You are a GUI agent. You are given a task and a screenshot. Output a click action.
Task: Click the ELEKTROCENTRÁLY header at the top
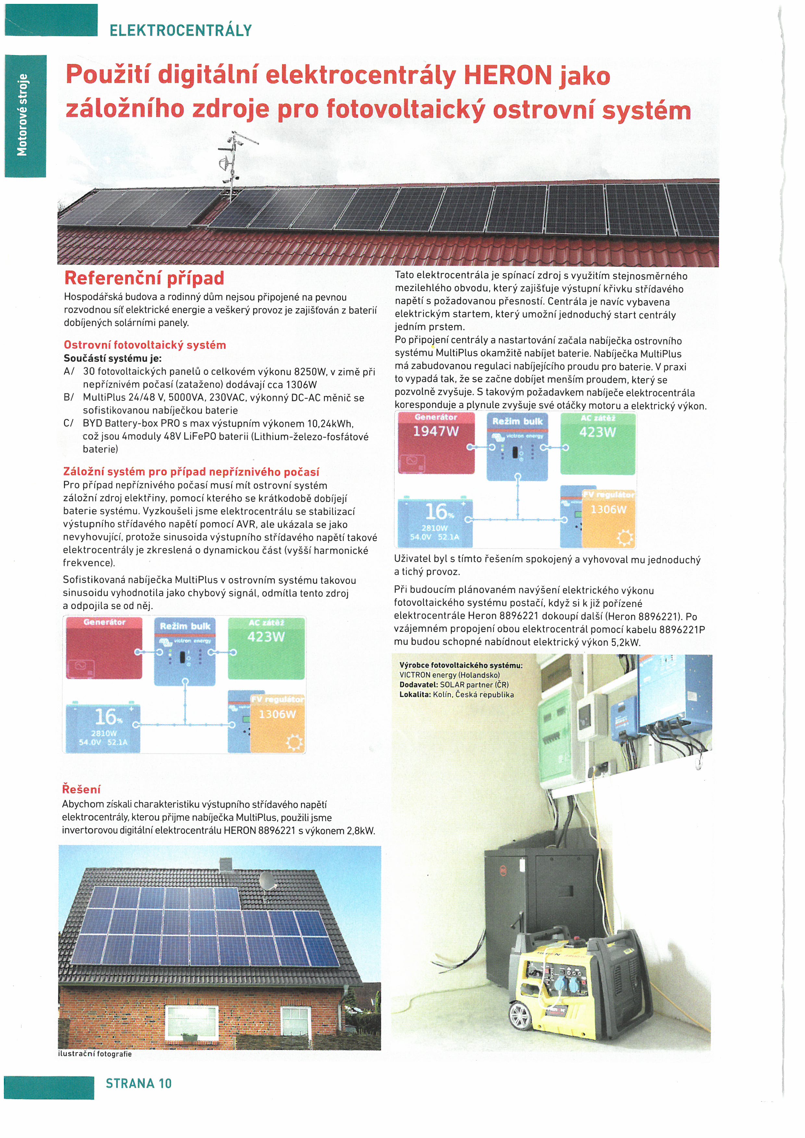coord(180,31)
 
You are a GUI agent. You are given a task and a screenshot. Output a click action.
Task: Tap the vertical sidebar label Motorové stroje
coord(23,115)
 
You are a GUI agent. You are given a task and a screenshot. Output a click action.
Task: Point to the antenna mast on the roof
coord(231,164)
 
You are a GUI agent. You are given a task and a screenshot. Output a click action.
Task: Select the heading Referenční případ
coord(144,278)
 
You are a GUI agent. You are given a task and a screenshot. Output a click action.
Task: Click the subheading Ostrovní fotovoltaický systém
coord(145,345)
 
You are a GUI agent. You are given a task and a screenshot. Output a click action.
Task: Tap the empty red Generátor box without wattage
coord(104,649)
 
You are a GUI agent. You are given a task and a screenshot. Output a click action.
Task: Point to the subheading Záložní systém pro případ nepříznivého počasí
coord(191,471)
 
